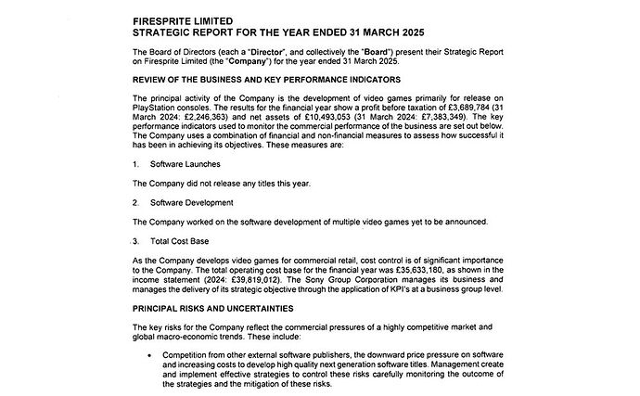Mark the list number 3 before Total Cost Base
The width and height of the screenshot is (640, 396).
(136, 239)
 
